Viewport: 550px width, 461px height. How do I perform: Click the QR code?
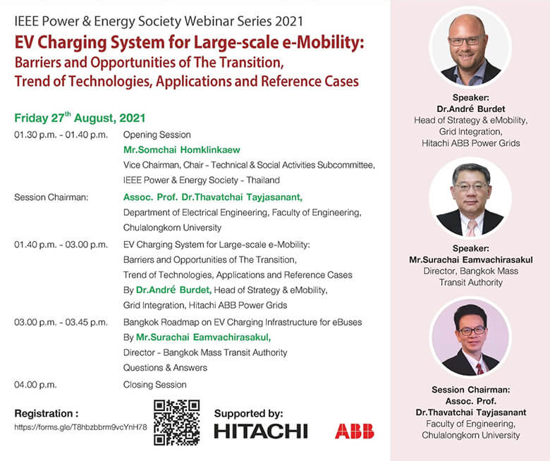pos(176,423)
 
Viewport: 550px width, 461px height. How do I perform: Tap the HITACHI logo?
pos(260,431)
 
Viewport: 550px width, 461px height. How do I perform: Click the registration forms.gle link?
pos(80,427)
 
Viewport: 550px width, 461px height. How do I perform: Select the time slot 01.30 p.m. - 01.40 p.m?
pos(61,135)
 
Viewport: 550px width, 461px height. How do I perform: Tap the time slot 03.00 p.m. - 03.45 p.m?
pos(61,322)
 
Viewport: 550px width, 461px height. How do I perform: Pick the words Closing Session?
pos(154,385)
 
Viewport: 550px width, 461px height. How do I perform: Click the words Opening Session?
pos(157,135)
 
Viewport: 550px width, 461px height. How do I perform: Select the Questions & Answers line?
pos(165,367)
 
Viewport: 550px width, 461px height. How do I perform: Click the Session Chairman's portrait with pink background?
pos(470,338)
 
